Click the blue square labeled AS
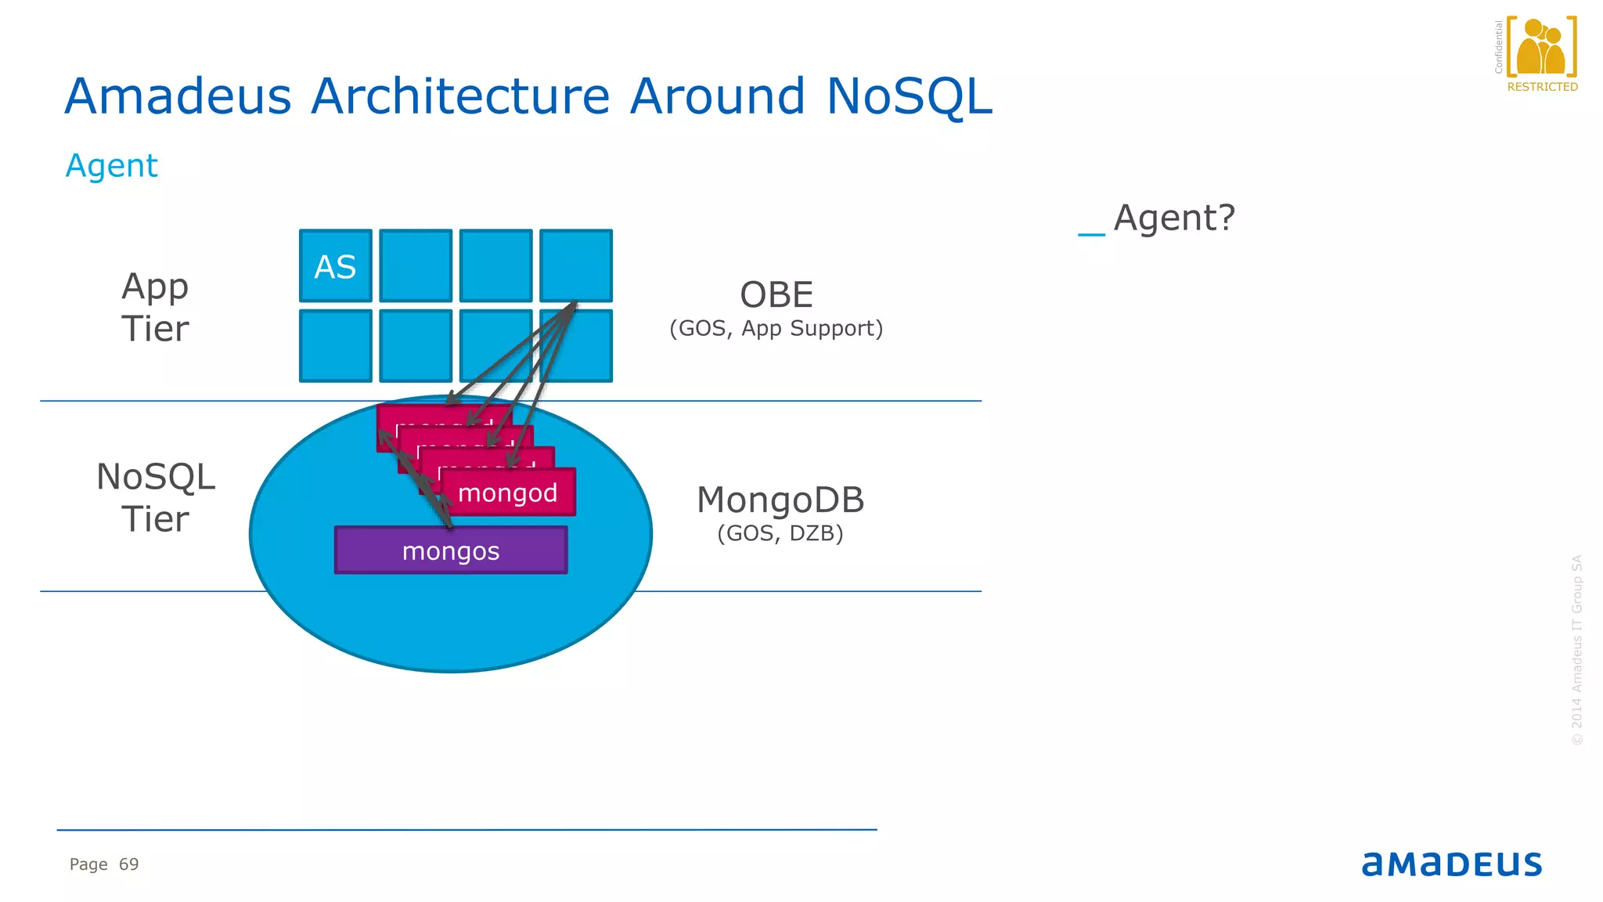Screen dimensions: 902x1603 [335, 266]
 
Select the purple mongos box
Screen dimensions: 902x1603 [451, 550]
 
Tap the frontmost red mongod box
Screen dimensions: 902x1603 [508, 492]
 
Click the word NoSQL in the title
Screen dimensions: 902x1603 [909, 96]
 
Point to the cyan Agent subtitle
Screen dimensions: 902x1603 [111, 166]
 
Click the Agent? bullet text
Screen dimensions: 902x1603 [1173, 218]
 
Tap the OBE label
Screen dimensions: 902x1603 [776, 295]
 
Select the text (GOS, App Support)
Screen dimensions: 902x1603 [776, 328]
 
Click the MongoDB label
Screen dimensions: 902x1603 [780, 500]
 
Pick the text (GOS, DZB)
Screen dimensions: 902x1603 [780, 533]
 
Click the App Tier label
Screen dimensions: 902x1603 [155, 307]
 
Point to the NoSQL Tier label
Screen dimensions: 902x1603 [155, 498]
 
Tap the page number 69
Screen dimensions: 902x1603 [128, 864]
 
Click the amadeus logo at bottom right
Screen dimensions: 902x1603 [1451, 864]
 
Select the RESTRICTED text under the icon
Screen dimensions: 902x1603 [1542, 87]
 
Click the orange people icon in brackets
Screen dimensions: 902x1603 [1540, 47]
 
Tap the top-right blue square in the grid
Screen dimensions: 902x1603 [576, 265]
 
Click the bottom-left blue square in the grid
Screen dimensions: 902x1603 [335, 346]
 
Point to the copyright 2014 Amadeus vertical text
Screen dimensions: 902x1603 [1576, 650]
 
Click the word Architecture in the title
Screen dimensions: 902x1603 [459, 96]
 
